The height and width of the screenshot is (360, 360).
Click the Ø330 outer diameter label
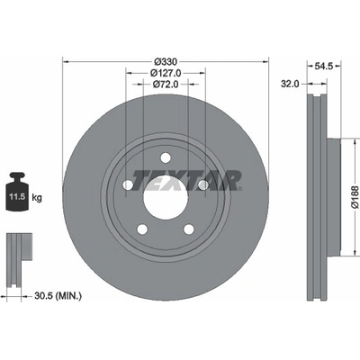click(x=166, y=62)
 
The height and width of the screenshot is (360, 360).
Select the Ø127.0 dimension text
click(x=166, y=73)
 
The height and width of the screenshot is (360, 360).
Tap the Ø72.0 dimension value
click(x=166, y=85)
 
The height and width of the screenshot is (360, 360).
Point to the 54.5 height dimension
click(x=324, y=66)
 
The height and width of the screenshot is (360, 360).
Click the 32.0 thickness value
click(x=290, y=84)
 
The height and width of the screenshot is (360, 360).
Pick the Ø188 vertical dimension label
click(x=355, y=197)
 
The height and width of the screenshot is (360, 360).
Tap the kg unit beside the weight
click(x=37, y=198)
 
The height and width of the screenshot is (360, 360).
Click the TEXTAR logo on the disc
click(x=186, y=180)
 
